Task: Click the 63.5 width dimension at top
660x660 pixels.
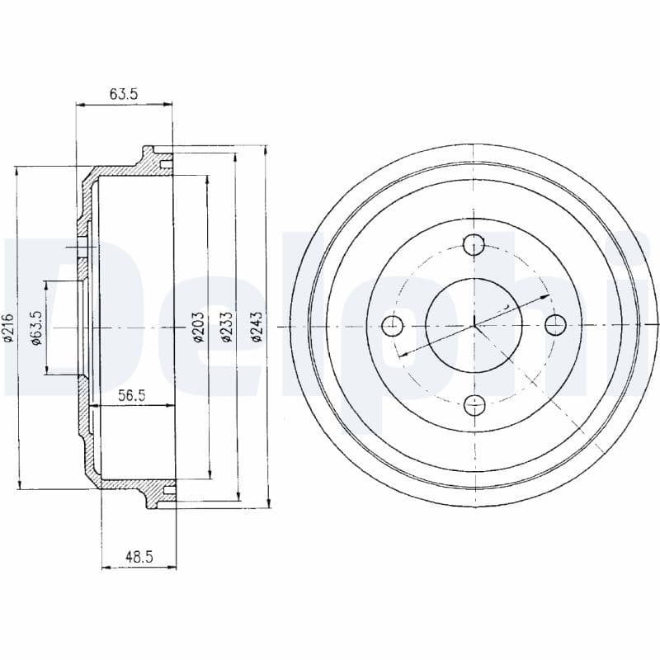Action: [x=123, y=94]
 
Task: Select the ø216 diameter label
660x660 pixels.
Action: [x=9, y=328]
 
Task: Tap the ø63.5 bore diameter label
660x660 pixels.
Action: [x=36, y=328]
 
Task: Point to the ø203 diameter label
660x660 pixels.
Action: [x=198, y=328]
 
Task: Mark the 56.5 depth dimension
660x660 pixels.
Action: [x=131, y=395]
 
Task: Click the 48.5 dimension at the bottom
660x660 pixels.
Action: [x=139, y=557]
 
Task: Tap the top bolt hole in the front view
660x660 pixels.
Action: [x=474, y=244]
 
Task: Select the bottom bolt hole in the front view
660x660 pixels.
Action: [x=474, y=404]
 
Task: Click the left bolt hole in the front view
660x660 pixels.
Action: [x=394, y=324]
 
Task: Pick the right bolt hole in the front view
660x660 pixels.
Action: [x=554, y=324]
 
